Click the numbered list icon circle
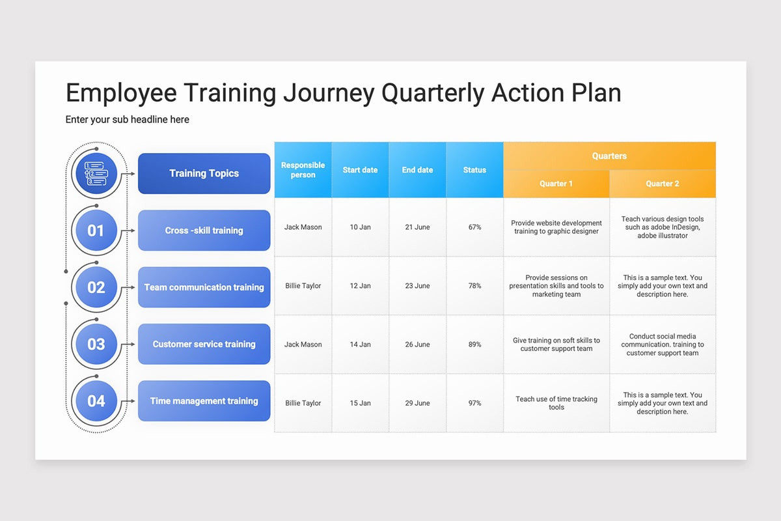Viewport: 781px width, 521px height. coord(96,173)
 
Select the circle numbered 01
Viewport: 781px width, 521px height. coord(96,231)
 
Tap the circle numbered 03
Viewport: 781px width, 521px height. coord(96,344)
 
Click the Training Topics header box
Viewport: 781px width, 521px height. coord(204,173)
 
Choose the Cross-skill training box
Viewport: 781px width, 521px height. coord(204,231)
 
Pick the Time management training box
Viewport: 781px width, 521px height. coord(204,401)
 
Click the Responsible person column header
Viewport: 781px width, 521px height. coord(303,170)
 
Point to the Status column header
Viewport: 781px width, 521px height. coord(474,170)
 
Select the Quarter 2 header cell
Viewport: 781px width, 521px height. coord(663,184)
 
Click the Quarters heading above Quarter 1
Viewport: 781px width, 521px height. coord(609,156)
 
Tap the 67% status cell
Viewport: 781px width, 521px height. coord(474,227)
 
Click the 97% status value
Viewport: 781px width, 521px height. coord(474,403)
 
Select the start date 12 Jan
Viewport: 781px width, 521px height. coord(360,286)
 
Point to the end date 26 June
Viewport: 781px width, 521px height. coord(417,345)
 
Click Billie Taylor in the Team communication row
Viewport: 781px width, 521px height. coord(303,286)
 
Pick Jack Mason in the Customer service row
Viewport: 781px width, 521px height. coord(303,345)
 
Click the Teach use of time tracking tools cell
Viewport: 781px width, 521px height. coord(556,403)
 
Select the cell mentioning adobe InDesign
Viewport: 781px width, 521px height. coord(663,227)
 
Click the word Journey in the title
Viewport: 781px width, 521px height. coord(329,94)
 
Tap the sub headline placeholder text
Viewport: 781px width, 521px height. coord(128,120)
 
